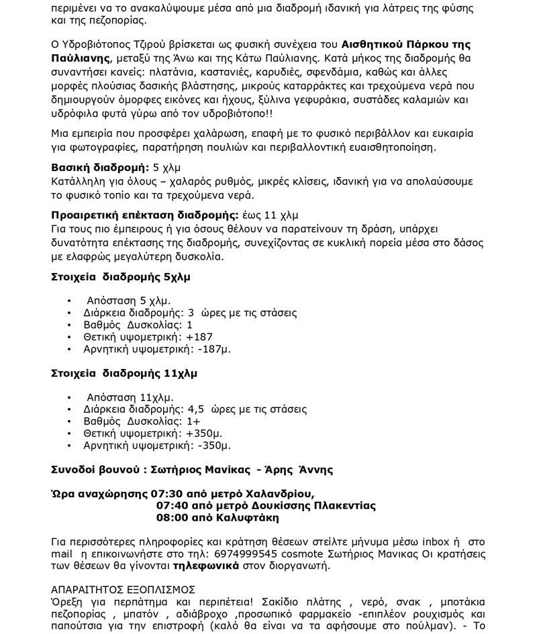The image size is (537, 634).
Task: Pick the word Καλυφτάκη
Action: click(x=235, y=517)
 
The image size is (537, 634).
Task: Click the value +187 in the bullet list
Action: click(x=199, y=337)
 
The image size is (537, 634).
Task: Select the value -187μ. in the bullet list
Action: click(x=214, y=349)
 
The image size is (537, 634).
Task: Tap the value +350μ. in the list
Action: click(x=205, y=433)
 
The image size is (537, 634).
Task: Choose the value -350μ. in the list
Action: click(x=214, y=445)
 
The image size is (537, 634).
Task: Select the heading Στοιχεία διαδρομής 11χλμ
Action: click(x=124, y=372)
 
